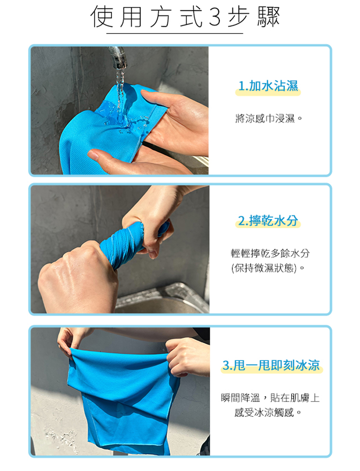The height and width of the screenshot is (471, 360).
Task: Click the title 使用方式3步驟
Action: point(185,17)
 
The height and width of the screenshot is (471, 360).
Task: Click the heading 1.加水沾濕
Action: point(268,86)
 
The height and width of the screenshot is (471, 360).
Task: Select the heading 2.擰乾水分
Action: point(268,221)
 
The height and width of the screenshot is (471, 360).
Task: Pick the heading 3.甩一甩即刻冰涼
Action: point(271,365)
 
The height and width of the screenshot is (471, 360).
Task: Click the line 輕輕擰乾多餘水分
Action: point(270,253)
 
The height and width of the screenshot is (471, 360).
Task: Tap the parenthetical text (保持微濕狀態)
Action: point(264,268)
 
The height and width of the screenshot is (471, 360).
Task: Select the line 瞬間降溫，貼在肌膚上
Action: point(270,398)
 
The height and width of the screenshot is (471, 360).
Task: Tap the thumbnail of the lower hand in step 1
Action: point(93,155)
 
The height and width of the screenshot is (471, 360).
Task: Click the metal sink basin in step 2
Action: point(162,299)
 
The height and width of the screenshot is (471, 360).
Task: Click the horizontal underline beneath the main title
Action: point(175,34)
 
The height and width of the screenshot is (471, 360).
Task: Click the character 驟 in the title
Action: point(268,17)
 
